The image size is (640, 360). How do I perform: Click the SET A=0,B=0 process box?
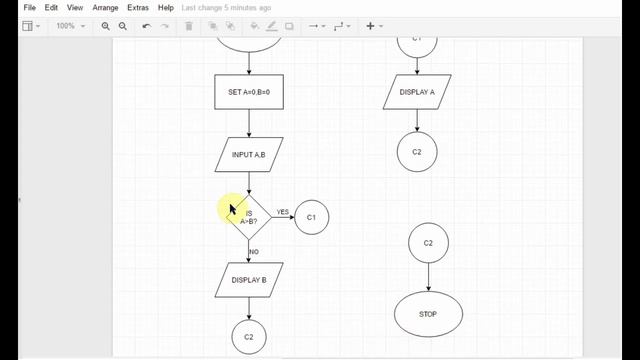pos(249,92)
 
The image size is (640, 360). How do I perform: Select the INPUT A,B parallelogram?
pos(249,155)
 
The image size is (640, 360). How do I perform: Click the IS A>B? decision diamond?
pos(249,216)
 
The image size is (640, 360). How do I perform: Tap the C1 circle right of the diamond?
pos(311,216)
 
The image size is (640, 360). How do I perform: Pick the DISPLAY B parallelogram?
pos(249,280)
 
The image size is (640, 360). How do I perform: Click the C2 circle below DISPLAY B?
pos(249,337)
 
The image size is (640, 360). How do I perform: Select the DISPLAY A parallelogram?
pos(417,92)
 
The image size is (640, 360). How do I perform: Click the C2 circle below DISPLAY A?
pos(417,151)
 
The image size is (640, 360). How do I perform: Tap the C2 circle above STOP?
pos(428,243)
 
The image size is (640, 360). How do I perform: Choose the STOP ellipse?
pos(428,314)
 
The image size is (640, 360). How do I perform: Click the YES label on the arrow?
pos(283,212)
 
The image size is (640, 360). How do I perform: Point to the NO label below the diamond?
pos(254,252)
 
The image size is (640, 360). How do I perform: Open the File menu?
pos(30,8)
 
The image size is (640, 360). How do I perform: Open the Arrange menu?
pos(105,8)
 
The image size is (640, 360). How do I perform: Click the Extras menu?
pos(138,8)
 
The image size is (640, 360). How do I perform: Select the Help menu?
pos(166,8)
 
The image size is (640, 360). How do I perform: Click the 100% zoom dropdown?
pos(70,26)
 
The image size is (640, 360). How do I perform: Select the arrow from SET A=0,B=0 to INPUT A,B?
pos(249,123)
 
